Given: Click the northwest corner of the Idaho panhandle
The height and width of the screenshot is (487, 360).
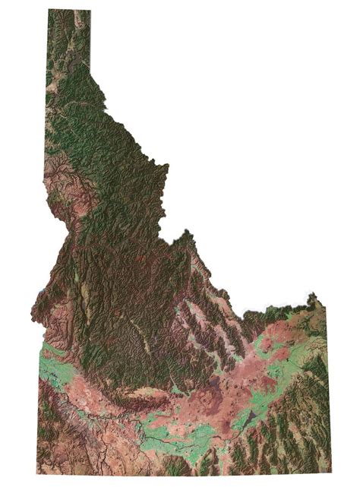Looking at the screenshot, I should pyautogui.click(x=49, y=10).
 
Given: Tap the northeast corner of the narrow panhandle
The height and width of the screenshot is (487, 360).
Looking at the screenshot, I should pyautogui.click(x=90, y=11).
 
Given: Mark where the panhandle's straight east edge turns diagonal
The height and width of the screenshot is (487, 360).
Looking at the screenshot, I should pyautogui.click(x=90, y=68).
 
